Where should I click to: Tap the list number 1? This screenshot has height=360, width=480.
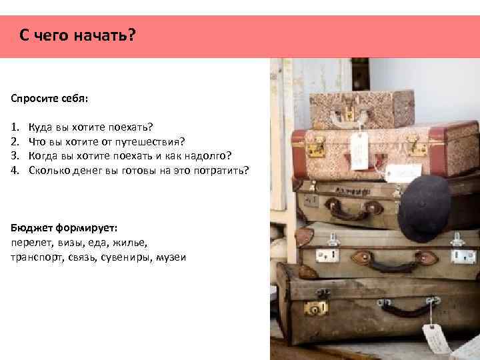[15, 125]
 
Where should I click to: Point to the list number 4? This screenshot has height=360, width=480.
[15, 171]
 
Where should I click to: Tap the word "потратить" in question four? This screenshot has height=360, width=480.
[223, 171]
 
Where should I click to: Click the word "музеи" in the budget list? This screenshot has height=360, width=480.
[170, 257]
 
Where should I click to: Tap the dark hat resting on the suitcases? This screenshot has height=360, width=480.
[424, 207]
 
